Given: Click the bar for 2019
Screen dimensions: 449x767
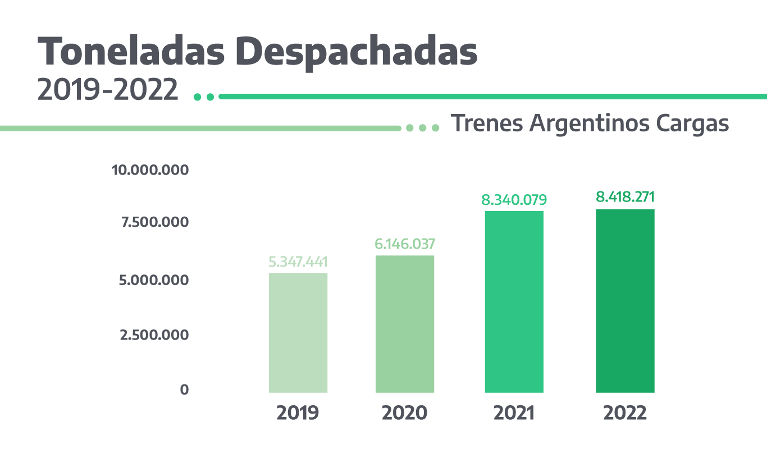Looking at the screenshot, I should point(298,332).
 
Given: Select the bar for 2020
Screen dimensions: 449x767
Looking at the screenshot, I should point(405,324).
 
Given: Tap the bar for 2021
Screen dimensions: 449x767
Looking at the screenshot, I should point(514,301).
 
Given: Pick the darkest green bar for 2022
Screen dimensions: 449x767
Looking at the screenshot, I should point(625,301).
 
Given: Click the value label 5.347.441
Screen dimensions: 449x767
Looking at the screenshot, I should point(298,262).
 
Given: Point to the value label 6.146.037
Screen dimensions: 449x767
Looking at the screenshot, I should point(405,244).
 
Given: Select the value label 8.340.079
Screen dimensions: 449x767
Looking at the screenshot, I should point(514,199).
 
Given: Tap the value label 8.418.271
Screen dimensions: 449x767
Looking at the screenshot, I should point(625,197).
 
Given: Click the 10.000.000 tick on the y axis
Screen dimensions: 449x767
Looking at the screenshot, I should point(150,170).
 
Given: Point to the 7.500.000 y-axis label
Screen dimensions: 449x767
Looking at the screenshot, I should point(154,222).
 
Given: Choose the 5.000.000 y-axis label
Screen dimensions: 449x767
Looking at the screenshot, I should point(154,280).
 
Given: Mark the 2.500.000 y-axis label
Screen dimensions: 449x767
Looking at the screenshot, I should point(154,335).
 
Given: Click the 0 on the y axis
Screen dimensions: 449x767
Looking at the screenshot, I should point(184,390).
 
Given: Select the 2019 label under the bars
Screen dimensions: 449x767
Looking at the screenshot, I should point(298,413).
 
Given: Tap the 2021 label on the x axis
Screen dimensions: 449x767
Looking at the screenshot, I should point(514,413).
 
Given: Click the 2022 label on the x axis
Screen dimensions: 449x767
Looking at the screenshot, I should point(625,413).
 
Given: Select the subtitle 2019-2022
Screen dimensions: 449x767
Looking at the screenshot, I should point(108,90).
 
